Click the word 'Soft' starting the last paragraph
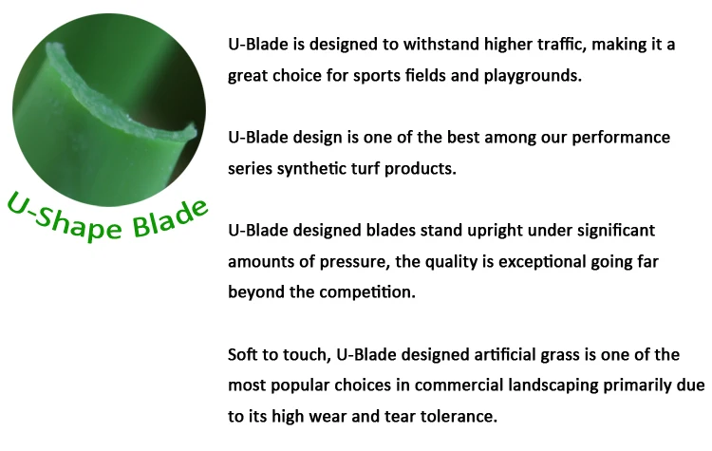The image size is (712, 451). coord(245,355)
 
